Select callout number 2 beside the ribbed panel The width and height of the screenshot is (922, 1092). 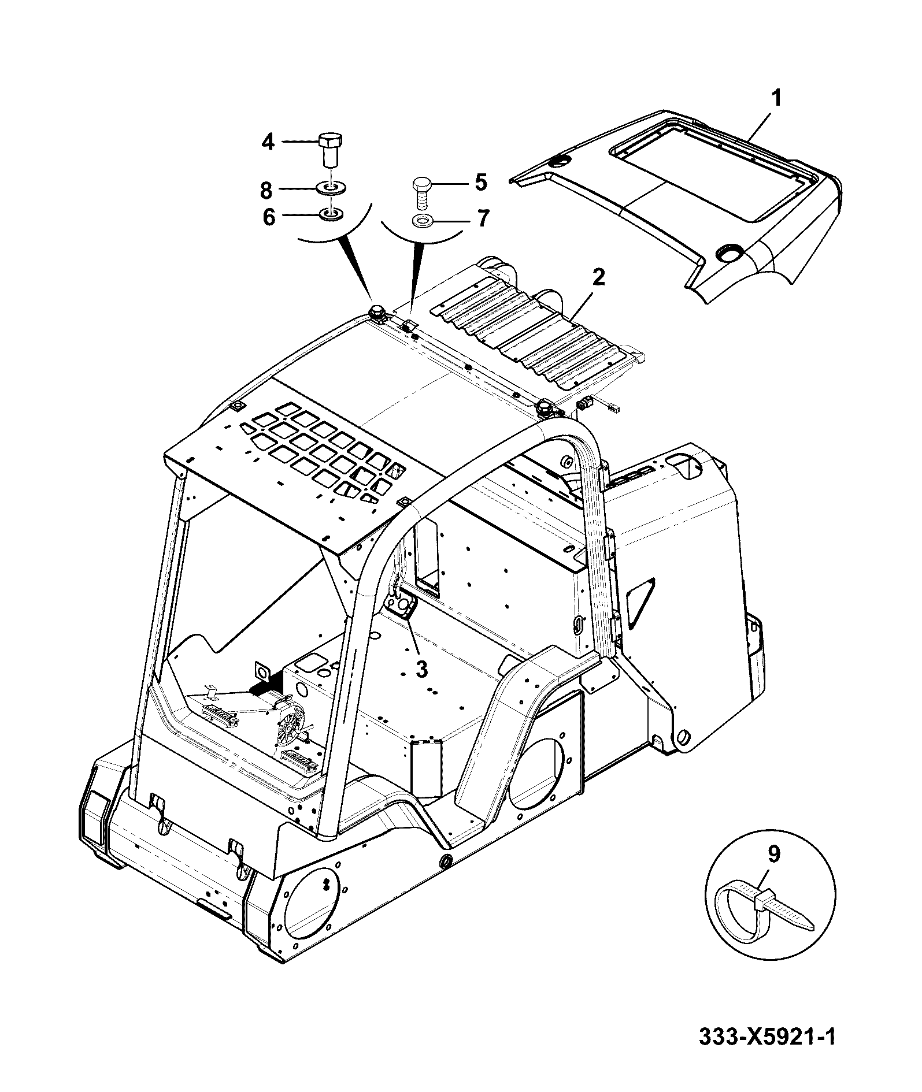click(598, 278)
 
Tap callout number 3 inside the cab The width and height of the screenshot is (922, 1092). click(422, 669)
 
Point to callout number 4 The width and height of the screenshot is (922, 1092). click(268, 142)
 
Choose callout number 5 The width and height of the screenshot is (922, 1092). click(481, 183)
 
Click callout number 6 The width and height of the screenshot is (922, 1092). click(269, 218)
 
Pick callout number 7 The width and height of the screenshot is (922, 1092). click(483, 218)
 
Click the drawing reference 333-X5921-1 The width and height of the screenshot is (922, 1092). click(767, 1052)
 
